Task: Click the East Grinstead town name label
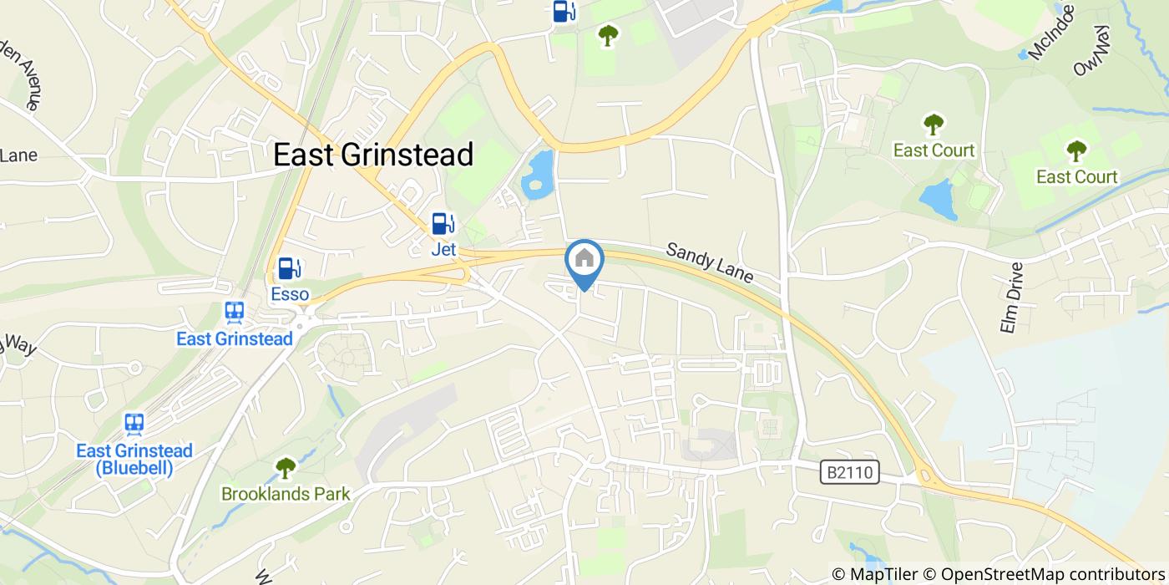pyautogui.click(x=373, y=155)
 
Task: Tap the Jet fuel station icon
pyautogui.click(x=443, y=224)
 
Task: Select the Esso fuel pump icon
pyautogui.click(x=290, y=268)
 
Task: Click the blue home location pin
pyautogui.click(x=584, y=261)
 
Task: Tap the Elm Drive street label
pyautogui.click(x=1010, y=298)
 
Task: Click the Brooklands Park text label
pyautogui.click(x=286, y=494)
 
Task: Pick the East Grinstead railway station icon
pyautogui.click(x=235, y=313)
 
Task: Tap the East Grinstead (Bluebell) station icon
pyautogui.click(x=134, y=424)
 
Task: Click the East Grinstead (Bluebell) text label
pyautogui.click(x=134, y=459)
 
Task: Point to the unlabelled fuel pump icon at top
pyautogui.click(x=564, y=11)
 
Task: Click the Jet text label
pyautogui.click(x=443, y=249)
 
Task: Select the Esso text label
pyautogui.click(x=290, y=294)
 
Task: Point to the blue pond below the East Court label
pyautogui.click(x=939, y=199)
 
